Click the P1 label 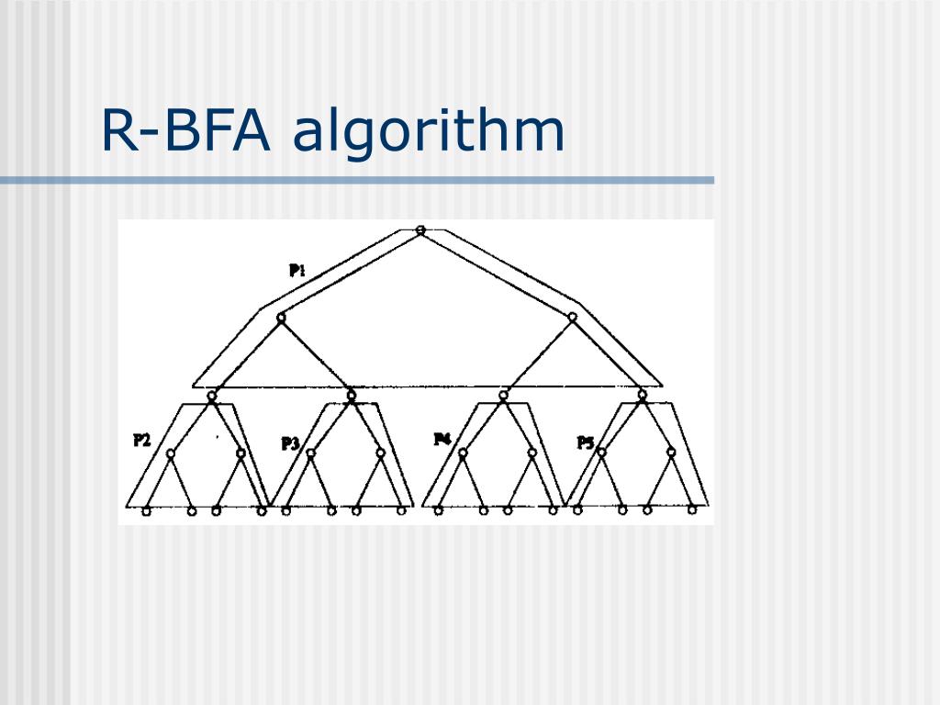297,270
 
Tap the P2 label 141,440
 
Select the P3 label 290,443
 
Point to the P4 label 442,439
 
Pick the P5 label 586,442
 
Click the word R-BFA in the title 186,131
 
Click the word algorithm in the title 429,131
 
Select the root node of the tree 420,229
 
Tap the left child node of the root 281,318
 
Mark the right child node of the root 572,318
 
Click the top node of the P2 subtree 212,396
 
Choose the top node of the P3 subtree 351,396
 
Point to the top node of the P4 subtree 503,396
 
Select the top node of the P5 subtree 643,396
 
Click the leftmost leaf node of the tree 146,510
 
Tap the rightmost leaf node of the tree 692,509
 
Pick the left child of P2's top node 171,453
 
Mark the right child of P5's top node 671,452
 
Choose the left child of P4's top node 463,452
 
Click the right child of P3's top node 379,452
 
